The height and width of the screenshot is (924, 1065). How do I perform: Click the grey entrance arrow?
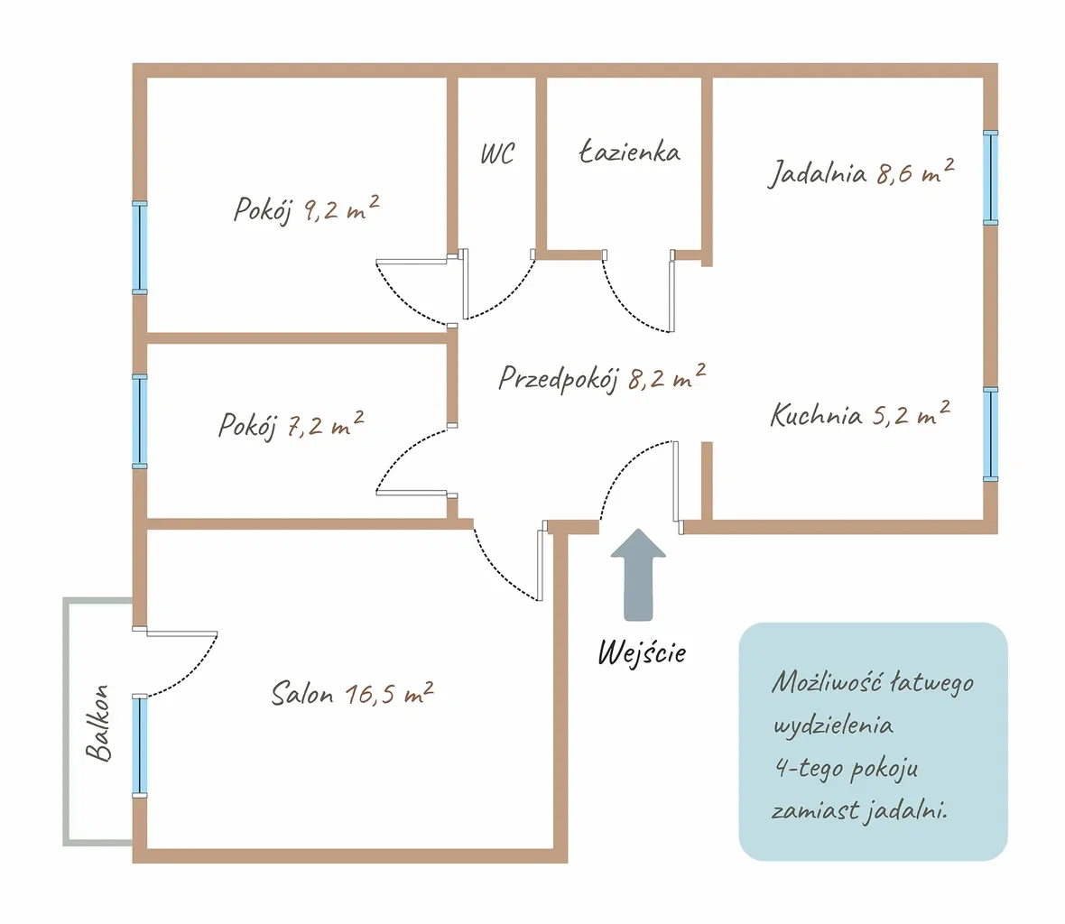pos(638,575)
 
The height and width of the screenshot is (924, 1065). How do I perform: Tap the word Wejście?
pos(642,652)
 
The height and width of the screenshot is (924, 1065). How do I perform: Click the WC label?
pos(497,154)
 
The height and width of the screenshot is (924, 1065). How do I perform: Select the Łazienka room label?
pos(630,152)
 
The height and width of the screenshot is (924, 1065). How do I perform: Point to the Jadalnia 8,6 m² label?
pos(861,172)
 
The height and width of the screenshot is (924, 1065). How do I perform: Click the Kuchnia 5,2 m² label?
pos(860,413)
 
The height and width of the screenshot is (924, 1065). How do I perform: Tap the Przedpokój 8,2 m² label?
pos(602,377)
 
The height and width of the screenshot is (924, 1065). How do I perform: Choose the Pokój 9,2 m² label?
pos(306,208)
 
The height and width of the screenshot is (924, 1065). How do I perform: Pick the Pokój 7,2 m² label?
pos(291,425)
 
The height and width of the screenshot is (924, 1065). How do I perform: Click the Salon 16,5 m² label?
pos(352,693)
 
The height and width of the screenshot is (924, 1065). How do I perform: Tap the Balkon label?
pos(97,723)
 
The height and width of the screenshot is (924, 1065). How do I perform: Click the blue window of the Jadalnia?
pos(991,177)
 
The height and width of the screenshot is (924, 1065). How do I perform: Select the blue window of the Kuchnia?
pos(991,435)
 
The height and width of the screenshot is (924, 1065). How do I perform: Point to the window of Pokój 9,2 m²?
pos(139,248)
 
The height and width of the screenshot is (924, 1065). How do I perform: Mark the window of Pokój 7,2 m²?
pos(139,420)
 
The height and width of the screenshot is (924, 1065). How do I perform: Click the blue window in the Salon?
pos(139,745)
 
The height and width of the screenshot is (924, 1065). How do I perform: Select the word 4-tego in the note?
pos(809,768)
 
